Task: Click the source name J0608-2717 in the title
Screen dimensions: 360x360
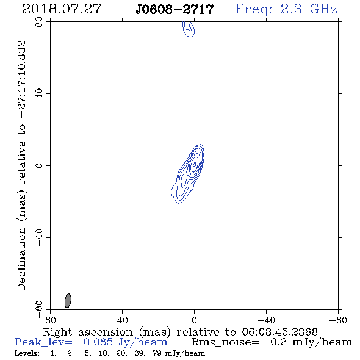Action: [175, 10]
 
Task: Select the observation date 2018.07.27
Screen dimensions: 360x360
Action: [62, 9]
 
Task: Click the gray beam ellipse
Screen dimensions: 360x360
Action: [68, 301]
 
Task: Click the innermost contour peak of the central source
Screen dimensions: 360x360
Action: [195, 164]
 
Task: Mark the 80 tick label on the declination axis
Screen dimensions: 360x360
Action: [39, 22]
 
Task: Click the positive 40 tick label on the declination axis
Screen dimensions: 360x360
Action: [39, 94]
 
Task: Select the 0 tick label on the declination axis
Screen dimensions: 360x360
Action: [39, 165]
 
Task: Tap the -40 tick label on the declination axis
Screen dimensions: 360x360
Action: [39, 237]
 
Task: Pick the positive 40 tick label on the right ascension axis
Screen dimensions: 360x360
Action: [122, 320]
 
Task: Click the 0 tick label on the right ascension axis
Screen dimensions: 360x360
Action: [194, 320]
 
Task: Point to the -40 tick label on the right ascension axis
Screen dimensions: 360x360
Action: [266, 320]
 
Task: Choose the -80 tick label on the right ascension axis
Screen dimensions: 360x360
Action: [338, 320]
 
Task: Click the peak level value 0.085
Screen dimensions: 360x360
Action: [98, 342]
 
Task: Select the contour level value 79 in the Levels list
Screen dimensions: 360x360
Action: [157, 353]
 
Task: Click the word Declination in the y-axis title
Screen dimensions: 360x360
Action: [21, 259]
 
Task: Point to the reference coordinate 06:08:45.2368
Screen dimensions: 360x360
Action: [279, 332]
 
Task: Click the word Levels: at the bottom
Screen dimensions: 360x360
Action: [27, 353]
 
